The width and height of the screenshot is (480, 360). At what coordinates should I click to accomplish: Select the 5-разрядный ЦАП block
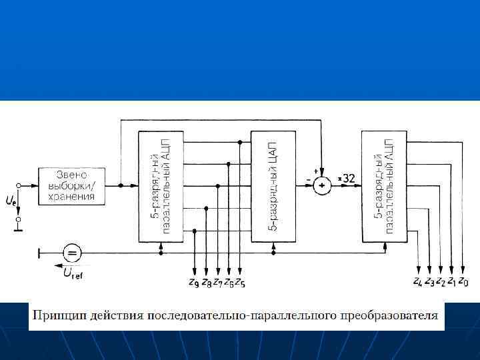(273, 186)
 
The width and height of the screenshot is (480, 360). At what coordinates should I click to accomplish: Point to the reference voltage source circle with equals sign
(72, 252)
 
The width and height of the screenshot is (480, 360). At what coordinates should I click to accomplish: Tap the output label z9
(194, 282)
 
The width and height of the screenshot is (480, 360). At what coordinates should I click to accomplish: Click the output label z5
(239, 282)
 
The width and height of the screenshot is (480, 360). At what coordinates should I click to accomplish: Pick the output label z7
(217, 282)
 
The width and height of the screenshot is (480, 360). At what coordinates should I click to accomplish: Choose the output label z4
(418, 282)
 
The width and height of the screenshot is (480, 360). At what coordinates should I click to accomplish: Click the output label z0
(463, 282)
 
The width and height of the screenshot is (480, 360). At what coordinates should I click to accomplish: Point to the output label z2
(441, 282)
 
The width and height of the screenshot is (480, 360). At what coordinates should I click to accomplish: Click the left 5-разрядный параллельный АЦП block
(161, 186)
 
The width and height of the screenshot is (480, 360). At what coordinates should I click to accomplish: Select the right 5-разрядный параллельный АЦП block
(385, 186)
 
